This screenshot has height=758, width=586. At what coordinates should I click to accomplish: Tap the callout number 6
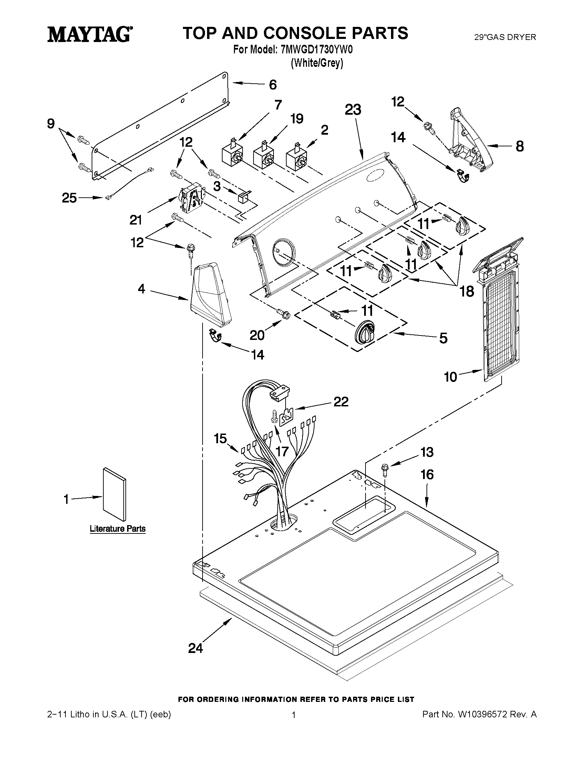273,85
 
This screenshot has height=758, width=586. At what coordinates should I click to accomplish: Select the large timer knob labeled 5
364,333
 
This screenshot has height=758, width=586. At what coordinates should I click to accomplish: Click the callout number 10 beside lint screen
451,377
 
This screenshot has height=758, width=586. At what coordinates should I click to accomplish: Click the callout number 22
341,402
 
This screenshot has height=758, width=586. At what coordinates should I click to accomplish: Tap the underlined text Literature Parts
118,529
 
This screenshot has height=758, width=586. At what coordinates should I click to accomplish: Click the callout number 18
467,291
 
